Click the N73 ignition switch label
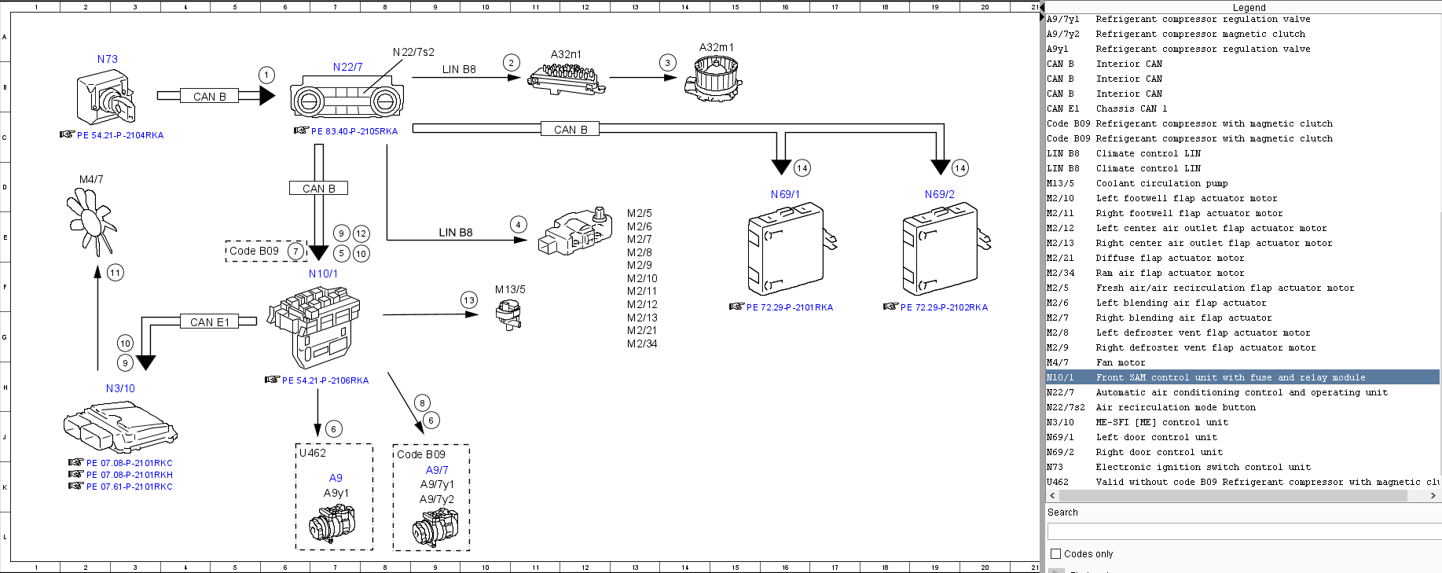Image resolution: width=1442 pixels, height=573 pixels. pos(108,59)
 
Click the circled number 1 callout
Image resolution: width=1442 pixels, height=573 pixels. pos(267,75)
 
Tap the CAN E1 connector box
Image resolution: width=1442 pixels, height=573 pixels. pos(210,321)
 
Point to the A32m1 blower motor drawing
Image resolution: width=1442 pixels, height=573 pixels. pos(713,79)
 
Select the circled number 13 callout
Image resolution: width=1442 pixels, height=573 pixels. pos(469,300)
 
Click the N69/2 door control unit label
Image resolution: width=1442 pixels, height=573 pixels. pos(939,194)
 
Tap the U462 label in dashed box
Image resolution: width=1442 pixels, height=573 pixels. pos(313,454)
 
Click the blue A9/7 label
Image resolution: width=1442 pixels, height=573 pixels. pos(437,470)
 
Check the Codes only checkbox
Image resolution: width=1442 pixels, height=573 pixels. pos(1056,553)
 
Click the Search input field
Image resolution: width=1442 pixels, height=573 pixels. pos(1242,532)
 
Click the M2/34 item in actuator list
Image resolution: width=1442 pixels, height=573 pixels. pos(642,343)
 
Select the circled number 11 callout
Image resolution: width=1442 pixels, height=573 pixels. pos(116,273)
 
